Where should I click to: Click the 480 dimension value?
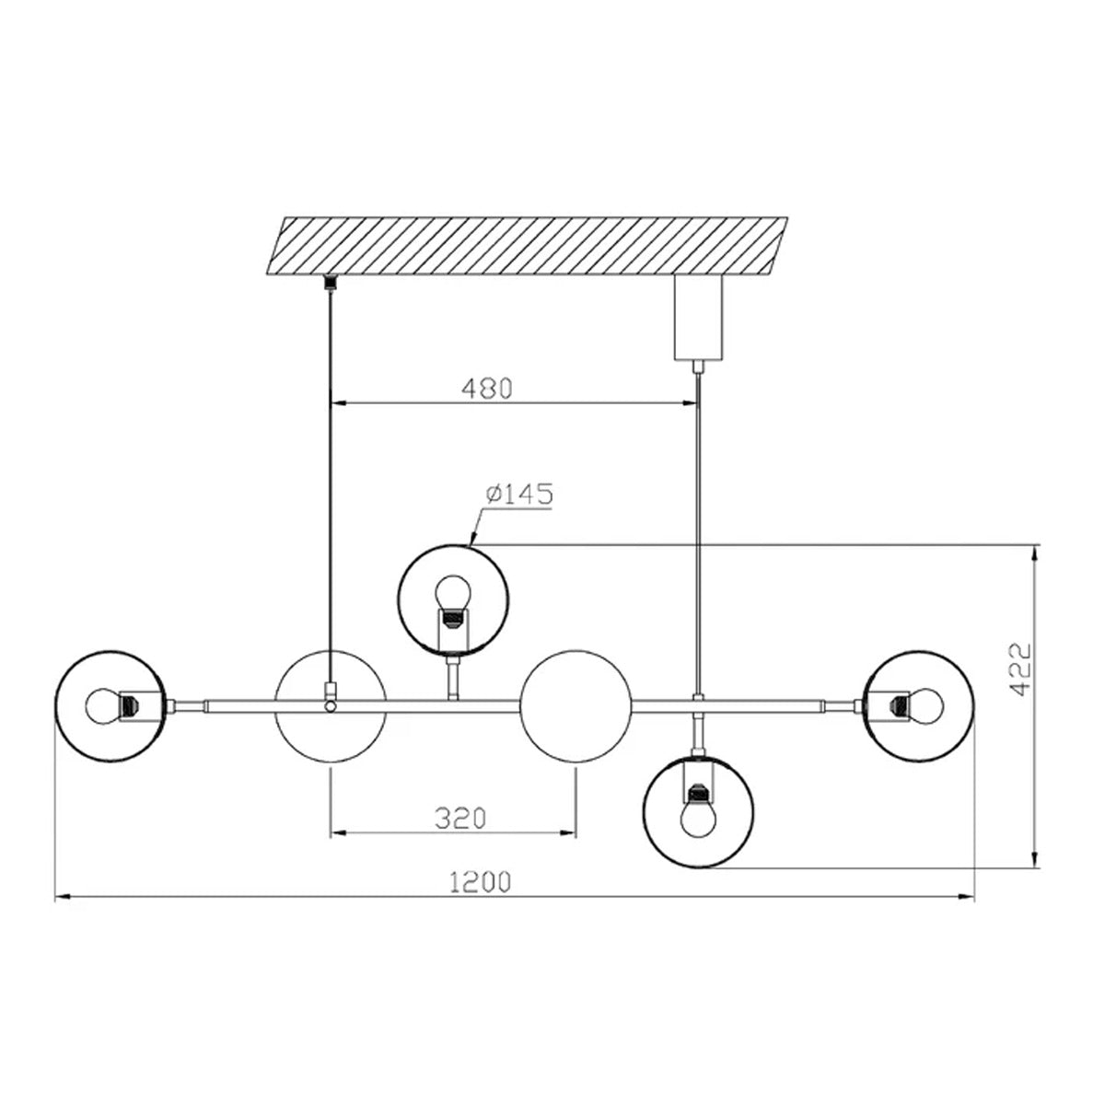click(x=487, y=389)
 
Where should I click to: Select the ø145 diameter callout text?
click(x=519, y=494)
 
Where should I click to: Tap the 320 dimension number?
click(x=460, y=819)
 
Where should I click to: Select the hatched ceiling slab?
click(x=527, y=246)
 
